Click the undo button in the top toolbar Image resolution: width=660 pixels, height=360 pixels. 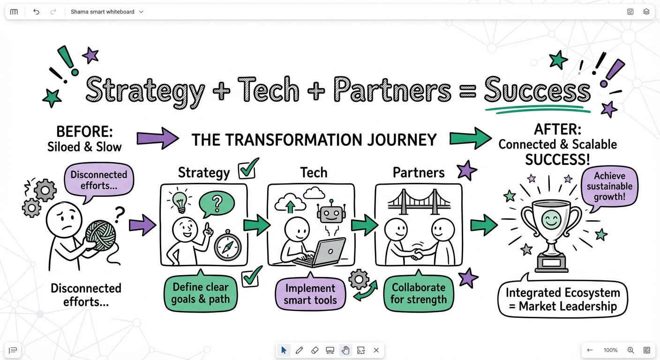[36, 12]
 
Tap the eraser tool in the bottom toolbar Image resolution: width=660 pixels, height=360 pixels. [315, 350]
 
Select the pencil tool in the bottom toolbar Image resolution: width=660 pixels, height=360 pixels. [300, 350]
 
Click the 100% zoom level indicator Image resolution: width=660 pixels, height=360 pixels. [610, 350]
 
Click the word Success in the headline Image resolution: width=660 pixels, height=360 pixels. [537, 90]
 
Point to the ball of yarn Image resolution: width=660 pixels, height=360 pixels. [100, 236]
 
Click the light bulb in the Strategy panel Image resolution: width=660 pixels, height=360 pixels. [180, 202]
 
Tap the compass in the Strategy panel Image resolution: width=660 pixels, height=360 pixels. [228, 246]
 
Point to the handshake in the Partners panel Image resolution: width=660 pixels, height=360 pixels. [418, 253]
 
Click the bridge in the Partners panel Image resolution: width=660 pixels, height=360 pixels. [419, 202]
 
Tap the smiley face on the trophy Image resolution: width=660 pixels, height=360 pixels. [551, 220]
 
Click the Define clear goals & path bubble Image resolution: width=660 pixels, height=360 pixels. [201, 293]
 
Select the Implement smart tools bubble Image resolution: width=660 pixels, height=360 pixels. [310, 294]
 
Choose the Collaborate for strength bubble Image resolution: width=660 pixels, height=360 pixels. [419, 293]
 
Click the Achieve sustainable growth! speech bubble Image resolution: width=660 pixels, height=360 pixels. [609, 187]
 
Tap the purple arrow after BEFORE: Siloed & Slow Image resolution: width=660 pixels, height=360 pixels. [157, 138]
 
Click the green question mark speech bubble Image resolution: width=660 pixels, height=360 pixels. [217, 204]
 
